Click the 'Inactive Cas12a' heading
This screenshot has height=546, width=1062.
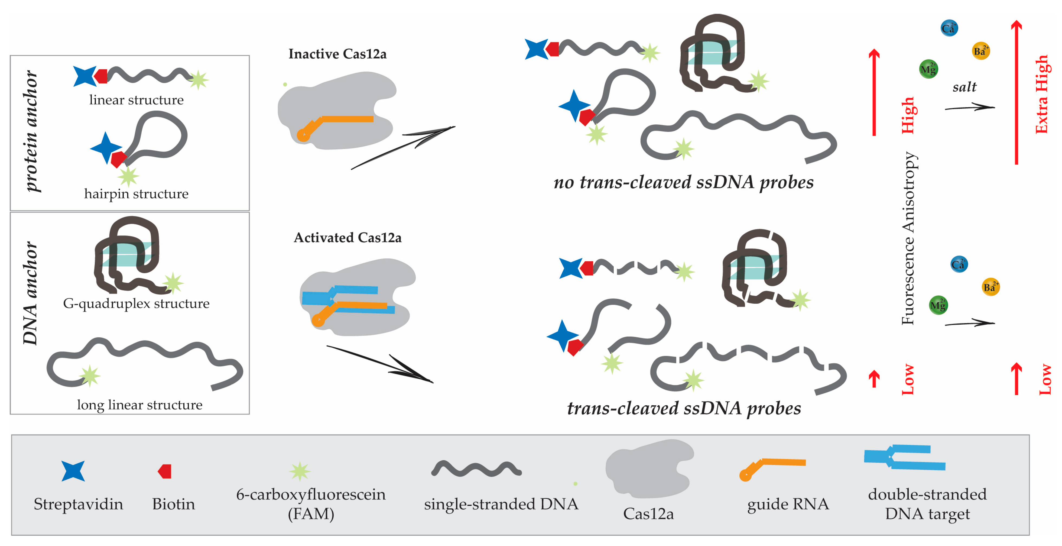337,54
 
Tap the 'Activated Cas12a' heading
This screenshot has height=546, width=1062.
347,238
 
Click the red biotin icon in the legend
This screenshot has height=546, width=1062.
165,471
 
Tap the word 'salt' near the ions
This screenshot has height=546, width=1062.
964,87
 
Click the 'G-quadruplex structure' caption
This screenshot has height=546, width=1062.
136,303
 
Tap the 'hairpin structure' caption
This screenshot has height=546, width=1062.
136,194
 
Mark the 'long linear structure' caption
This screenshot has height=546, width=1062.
139,405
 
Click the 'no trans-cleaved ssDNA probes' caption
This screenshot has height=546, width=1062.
683,182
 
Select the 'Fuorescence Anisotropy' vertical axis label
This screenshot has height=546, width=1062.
908,238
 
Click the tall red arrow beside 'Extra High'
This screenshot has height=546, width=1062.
1016,92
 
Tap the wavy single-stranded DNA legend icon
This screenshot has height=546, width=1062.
476,469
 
